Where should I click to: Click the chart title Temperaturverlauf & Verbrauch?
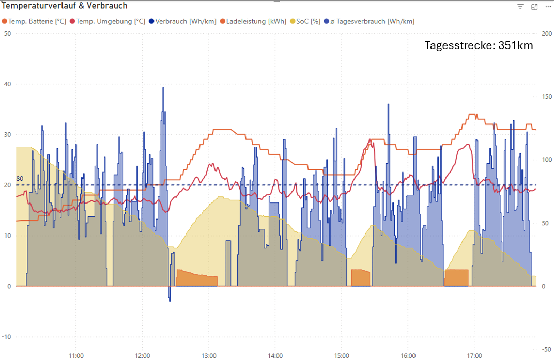click(65, 6)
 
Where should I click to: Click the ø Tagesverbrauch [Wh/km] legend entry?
click(372, 21)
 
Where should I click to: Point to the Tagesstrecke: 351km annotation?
click(479, 45)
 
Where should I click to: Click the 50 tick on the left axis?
click(7, 34)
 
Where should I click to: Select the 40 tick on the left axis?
click(7, 84)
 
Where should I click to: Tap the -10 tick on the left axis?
click(6, 337)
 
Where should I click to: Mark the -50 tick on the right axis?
click(545, 349)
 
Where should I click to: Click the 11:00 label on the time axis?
click(76, 356)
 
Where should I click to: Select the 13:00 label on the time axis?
click(209, 356)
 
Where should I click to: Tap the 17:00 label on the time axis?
click(474, 356)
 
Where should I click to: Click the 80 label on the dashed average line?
click(20, 179)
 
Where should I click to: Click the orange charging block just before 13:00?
click(196, 279)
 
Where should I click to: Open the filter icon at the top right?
click(520, 7)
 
